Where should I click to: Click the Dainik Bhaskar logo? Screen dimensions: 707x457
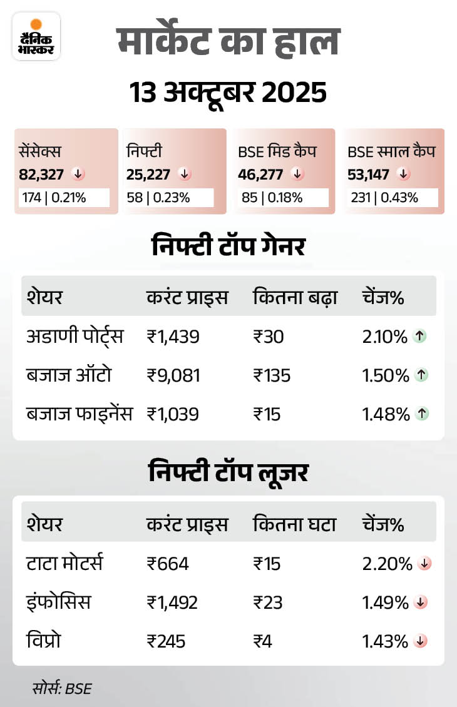36,36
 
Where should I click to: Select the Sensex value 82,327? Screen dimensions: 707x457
42,174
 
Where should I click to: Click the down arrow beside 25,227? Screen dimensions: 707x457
183,173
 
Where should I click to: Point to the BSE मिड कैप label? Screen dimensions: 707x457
277,151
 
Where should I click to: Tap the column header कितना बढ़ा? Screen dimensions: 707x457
295,297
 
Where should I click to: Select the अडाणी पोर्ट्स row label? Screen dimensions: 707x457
75,337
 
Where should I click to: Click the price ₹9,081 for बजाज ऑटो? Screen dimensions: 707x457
173,375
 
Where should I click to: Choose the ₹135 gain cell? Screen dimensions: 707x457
272,375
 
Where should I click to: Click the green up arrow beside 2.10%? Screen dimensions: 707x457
420,337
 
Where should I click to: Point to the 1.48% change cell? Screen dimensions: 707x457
385,414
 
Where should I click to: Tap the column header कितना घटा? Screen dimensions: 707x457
294,524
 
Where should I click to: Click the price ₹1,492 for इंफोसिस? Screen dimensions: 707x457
172,603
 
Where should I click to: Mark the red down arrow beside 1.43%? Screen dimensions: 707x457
421,641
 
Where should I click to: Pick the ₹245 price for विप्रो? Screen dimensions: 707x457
166,641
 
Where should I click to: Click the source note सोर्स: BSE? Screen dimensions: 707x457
62,689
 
